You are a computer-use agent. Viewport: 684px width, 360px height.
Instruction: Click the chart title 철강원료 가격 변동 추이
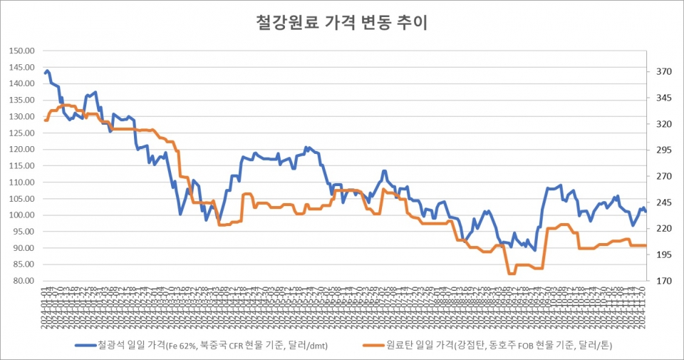341,23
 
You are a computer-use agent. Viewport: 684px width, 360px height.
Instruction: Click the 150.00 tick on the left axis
22,51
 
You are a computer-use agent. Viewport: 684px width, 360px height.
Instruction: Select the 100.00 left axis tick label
22,215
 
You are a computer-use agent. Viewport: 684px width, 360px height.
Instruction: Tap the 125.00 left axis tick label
22,133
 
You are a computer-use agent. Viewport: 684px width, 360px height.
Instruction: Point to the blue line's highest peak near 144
47,71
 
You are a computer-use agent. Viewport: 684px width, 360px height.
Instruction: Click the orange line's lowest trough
511,274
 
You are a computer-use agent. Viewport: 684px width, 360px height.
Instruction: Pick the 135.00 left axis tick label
22,101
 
